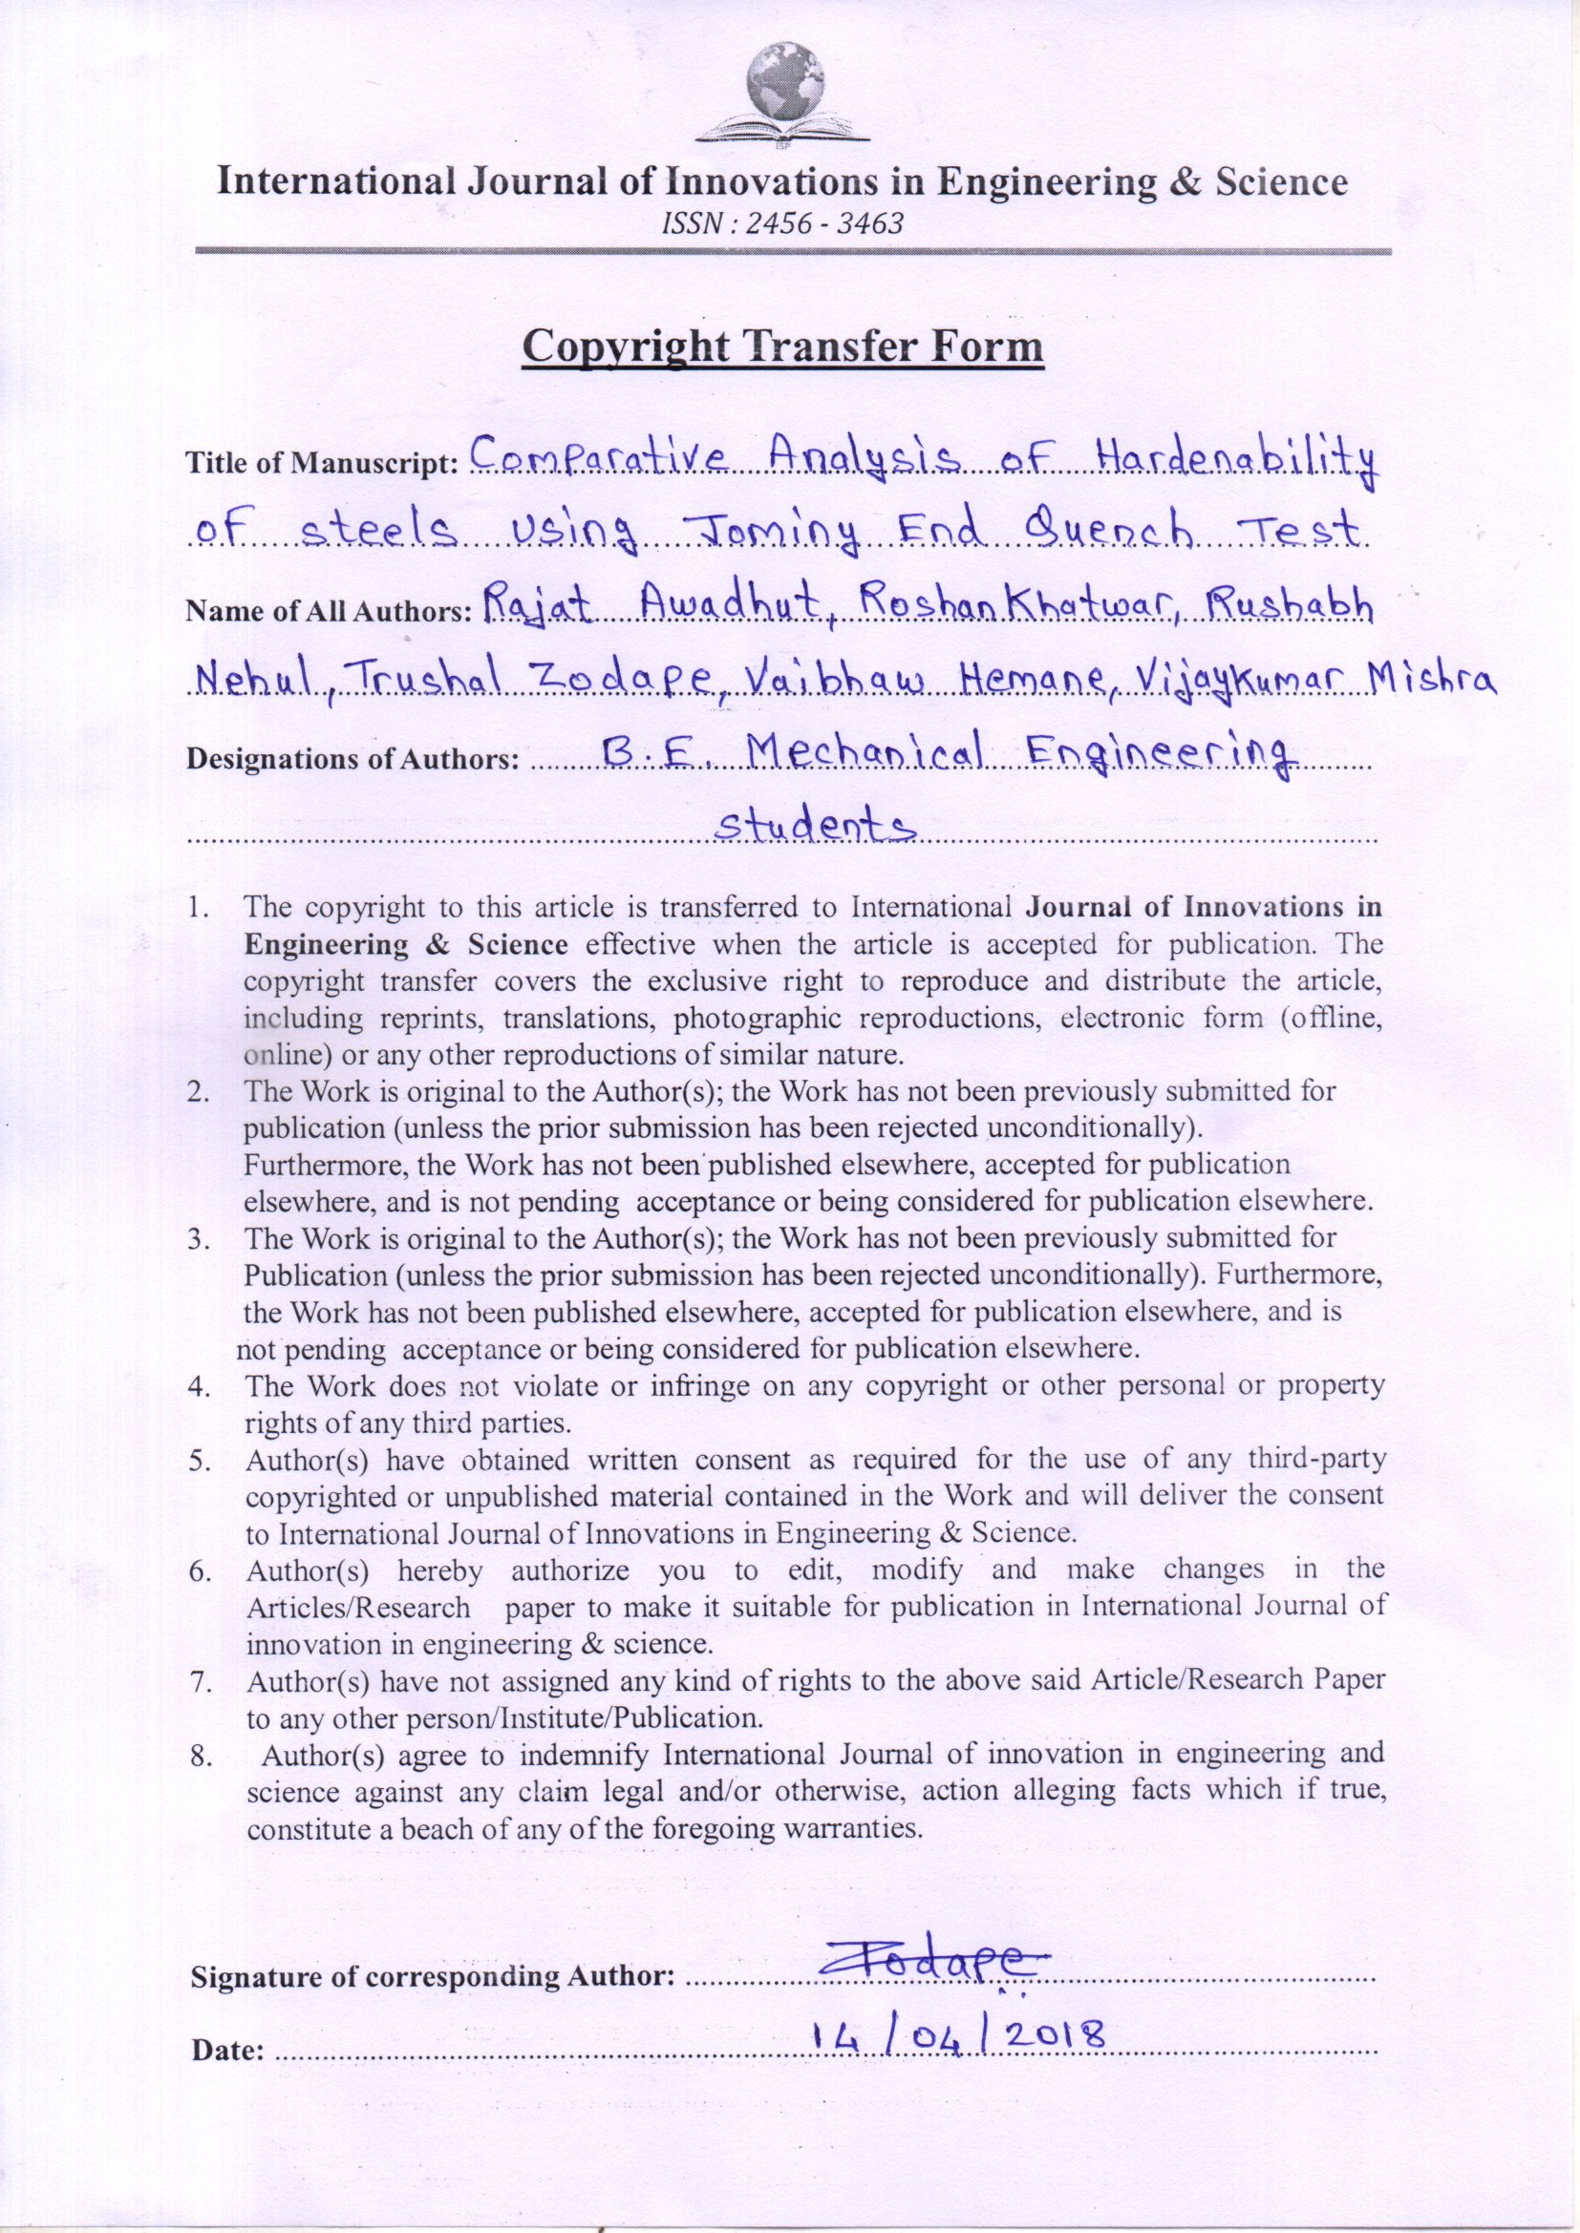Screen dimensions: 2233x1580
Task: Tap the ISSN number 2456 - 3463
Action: tap(782, 224)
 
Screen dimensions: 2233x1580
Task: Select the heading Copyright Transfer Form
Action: tap(782, 348)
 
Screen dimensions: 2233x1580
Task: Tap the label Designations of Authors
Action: tap(351, 759)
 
